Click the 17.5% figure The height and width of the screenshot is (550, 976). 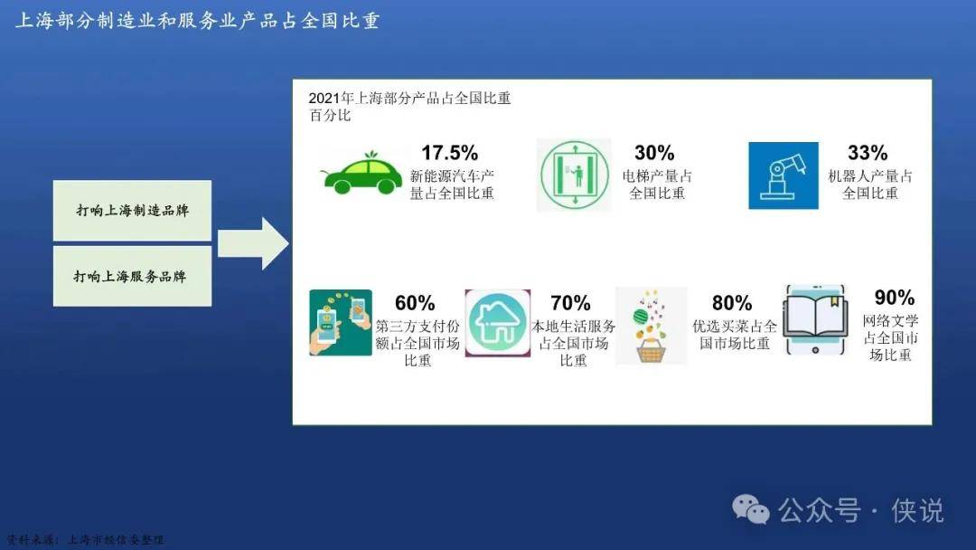point(449,153)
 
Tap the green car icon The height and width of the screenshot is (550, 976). point(362,173)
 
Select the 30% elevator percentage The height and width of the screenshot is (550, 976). point(654,153)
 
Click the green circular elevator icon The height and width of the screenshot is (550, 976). point(574,175)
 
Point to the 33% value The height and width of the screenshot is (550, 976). point(868,153)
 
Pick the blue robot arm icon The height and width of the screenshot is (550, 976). point(783,175)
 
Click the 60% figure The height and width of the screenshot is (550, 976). point(415,303)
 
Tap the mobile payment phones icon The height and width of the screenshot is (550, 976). point(341,323)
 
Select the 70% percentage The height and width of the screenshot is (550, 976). point(570,303)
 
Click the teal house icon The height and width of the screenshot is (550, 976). point(498,323)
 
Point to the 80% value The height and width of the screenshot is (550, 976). point(732,303)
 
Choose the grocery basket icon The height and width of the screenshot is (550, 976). point(651,326)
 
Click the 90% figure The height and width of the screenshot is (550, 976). point(895,297)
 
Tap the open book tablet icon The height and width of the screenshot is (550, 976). point(815,320)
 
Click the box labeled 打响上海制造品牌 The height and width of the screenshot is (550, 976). point(133,211)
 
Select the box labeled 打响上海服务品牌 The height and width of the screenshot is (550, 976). point(133,276)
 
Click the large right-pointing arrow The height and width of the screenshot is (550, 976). point(253,243)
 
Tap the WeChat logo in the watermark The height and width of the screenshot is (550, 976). point(751,509)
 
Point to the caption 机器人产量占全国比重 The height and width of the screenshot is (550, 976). point(870,185)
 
